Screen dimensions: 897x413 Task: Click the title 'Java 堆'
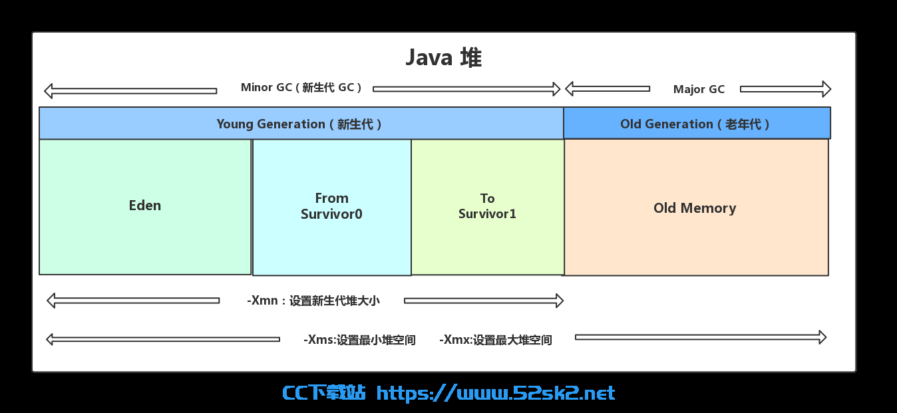pos(443,58)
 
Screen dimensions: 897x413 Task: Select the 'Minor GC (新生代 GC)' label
pos(301,87)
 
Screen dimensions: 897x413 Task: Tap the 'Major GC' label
pos(699,89)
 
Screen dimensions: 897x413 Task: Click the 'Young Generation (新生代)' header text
pos(299,124)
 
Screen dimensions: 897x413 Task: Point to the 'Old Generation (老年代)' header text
pos(695,124)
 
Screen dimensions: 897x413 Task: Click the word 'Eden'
pos(145,206)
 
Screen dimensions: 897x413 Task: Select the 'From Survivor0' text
pos(331,206)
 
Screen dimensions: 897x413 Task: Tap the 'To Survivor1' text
pos(487,206)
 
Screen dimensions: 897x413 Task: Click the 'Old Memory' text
pos(695,208)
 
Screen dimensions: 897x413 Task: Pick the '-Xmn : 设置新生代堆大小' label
pos(313,301)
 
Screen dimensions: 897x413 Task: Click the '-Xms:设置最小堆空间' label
pos(359,340)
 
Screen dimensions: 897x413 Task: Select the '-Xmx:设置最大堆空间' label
pos(496,340)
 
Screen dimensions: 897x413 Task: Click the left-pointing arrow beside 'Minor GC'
pos(130,91)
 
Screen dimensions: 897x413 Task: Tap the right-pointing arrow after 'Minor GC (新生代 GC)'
pos(466,89)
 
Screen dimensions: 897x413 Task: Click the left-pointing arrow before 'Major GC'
pos(608,88)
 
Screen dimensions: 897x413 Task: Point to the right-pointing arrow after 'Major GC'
pos(786,89)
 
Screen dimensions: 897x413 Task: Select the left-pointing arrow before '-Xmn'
pos(133,301)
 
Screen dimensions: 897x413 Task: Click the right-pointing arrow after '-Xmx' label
pos(701,337)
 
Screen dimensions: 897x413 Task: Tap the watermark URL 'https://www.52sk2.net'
pos(496,393)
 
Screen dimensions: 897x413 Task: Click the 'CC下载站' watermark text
pos(324,393)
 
